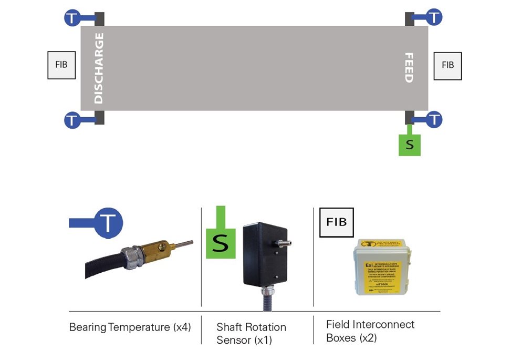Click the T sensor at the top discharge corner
[72, 18]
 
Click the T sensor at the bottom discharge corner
[72, 120]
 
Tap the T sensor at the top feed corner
[434, 17]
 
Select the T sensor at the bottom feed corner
[434, 119]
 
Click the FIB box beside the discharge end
[61, 65]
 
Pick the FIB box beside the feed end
[447, 66]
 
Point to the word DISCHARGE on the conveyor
[98, 68]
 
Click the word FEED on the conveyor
[408, 68]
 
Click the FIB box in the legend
[337, 222]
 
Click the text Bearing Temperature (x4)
[130, 327]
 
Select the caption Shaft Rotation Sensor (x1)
[251, 333]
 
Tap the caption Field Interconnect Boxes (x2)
[370, 331]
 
